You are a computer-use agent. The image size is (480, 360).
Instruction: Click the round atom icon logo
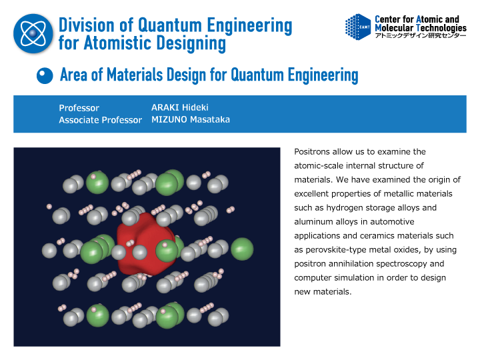(33, 33)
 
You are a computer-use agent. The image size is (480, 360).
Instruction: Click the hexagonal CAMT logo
(358, 27)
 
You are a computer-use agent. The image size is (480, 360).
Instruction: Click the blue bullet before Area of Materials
(45, 75)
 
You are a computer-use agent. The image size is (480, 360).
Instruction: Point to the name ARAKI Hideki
(180, 107)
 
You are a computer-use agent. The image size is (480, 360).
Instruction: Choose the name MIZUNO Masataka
(191, 119)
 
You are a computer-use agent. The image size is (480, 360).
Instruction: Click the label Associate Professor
(101, 120)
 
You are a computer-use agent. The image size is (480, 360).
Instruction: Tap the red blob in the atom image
(146, 244)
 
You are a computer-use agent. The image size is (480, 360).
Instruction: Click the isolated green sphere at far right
(242, 249)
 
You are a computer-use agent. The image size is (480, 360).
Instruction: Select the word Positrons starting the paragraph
(312, 152)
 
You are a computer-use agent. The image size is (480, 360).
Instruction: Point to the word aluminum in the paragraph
(313, 221)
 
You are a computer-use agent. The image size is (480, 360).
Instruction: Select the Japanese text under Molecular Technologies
(421, 35)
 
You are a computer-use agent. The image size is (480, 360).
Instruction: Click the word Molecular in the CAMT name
(394, 28)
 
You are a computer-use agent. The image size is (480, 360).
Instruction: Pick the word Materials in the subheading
(135, 75)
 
